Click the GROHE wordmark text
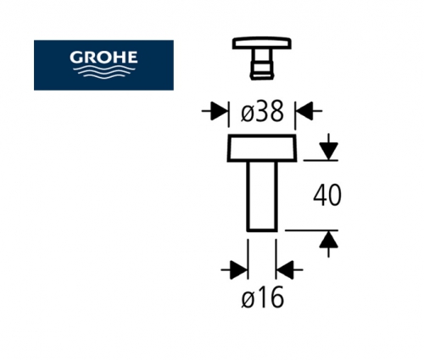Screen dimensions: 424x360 tap(103, 58)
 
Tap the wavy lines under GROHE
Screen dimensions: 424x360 tap(103, 72)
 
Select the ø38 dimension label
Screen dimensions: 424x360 tap(262, 111)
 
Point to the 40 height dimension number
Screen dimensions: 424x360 tap(327, 195)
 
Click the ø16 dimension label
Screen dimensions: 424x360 tap(262, 296)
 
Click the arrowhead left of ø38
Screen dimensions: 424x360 tap(220, 111)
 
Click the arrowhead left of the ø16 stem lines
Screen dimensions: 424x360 tap(239, 270)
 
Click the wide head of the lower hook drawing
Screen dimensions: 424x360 tap(262, 148)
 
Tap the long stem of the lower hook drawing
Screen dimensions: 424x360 tap(262, 197)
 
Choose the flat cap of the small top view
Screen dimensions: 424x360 tap(262, 43)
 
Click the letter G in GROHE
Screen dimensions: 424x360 tap(75, 58)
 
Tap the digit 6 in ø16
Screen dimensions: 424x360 tap(276, 296)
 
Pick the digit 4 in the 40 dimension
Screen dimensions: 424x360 tap(320, 195)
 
